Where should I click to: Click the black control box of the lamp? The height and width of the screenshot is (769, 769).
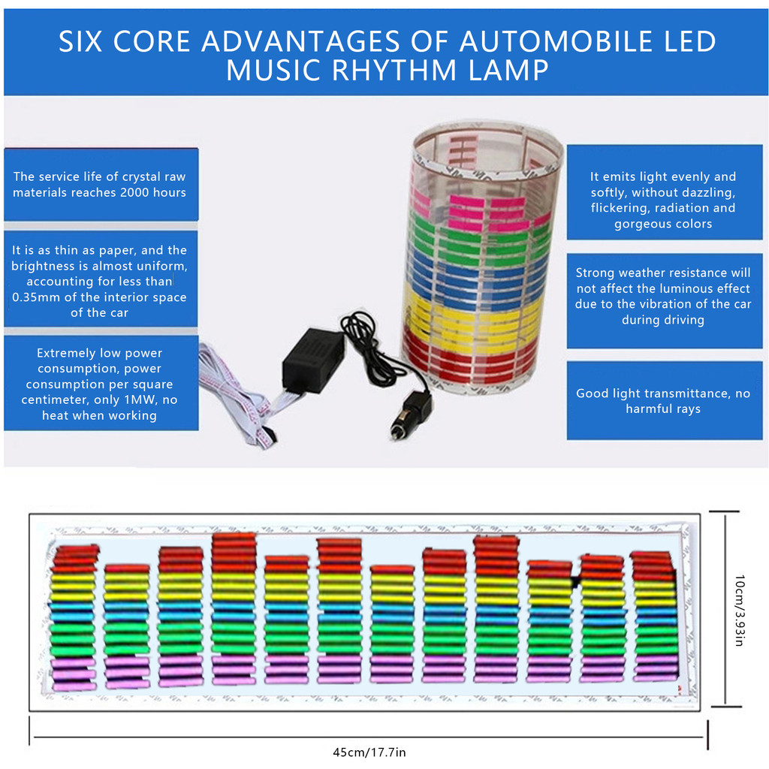click(312, 360)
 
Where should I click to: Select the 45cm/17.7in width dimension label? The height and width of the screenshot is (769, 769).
click(369, 752)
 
